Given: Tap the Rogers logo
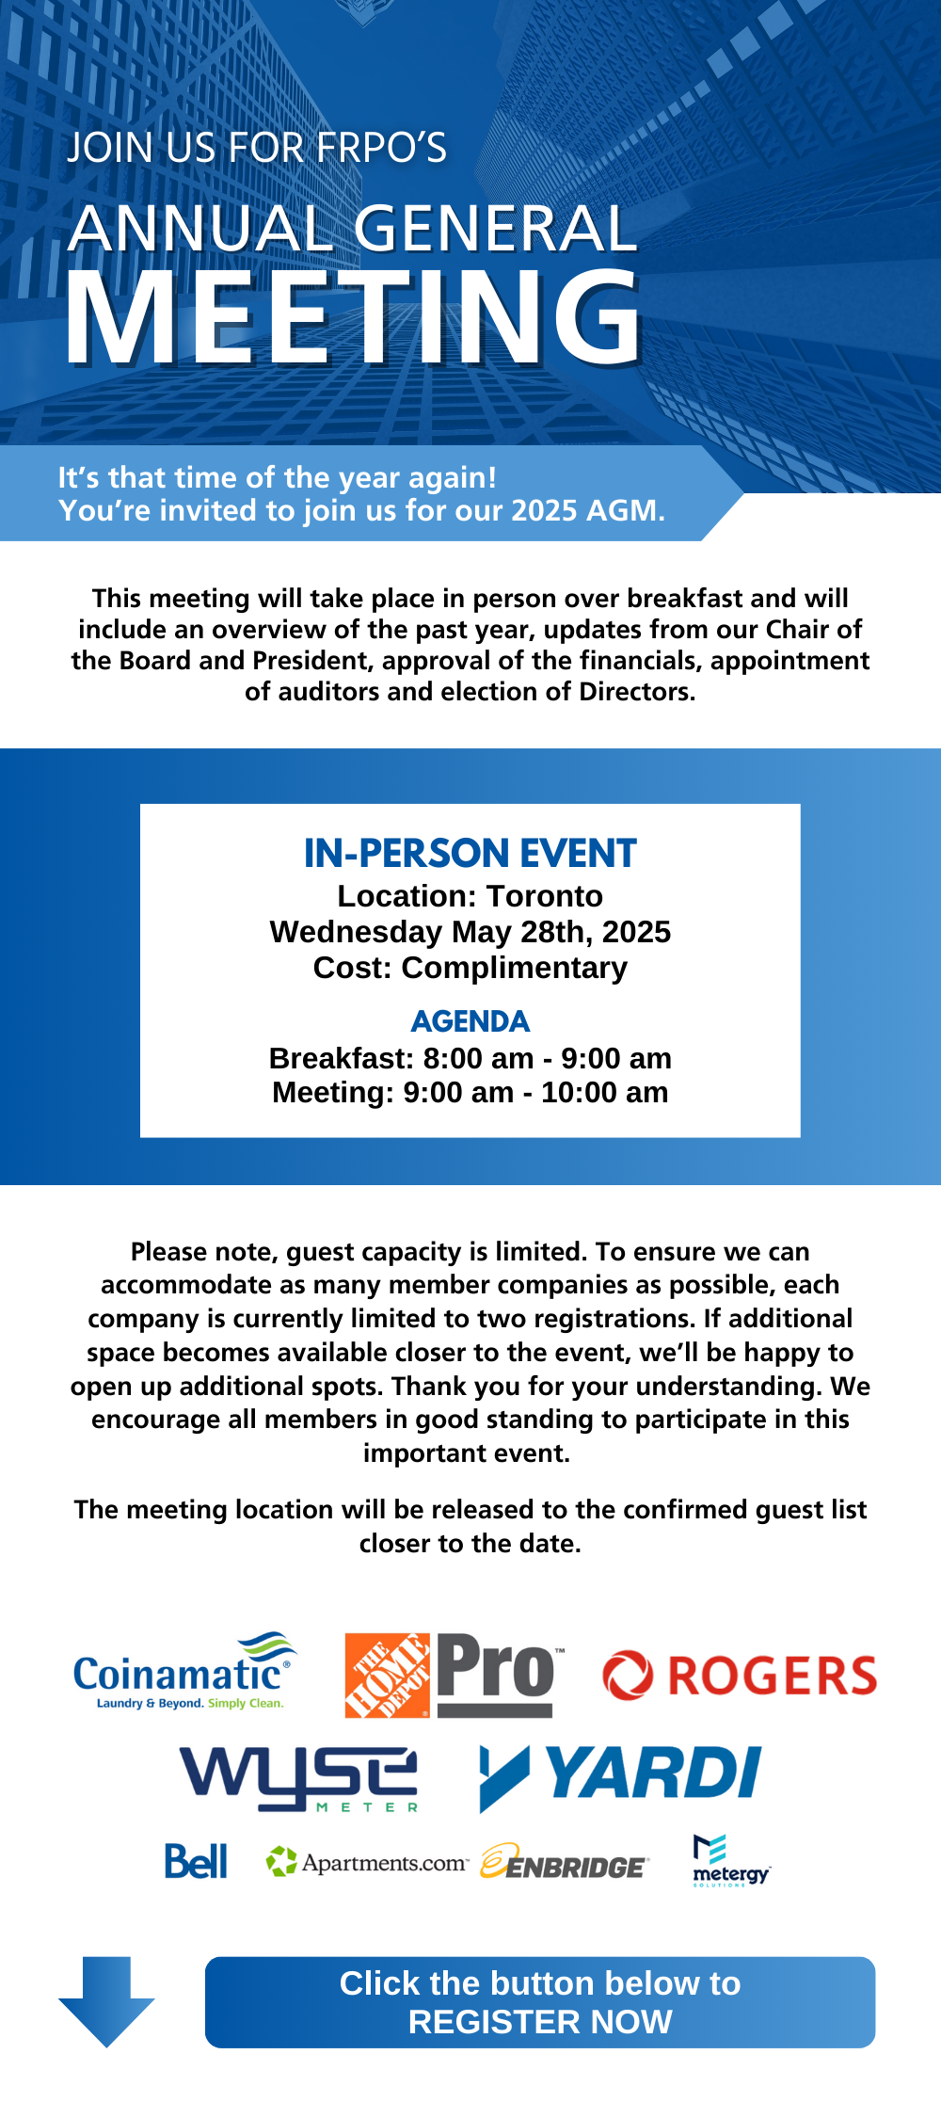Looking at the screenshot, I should [x=740, y=1677].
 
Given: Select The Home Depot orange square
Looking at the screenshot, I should [x=387, y=1676].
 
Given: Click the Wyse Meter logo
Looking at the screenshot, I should [x=298, y=1778].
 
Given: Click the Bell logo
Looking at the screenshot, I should [x=196, y=1862].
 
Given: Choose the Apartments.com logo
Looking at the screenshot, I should [x=367, y=1862].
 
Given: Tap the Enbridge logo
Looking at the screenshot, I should [x=564, y=1863].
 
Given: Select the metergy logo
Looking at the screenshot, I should [x=730, y=1861].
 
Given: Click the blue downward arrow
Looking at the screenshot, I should [x=106, y=2000].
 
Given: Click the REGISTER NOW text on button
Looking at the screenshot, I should [x=540, y=2022].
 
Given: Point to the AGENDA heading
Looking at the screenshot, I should [x=470, y=1021].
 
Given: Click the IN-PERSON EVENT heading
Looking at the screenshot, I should [x=470, y=854].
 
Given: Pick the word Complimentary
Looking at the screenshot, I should [x=514, y=968].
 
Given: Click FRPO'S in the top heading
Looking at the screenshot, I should [x=381, y=148].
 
